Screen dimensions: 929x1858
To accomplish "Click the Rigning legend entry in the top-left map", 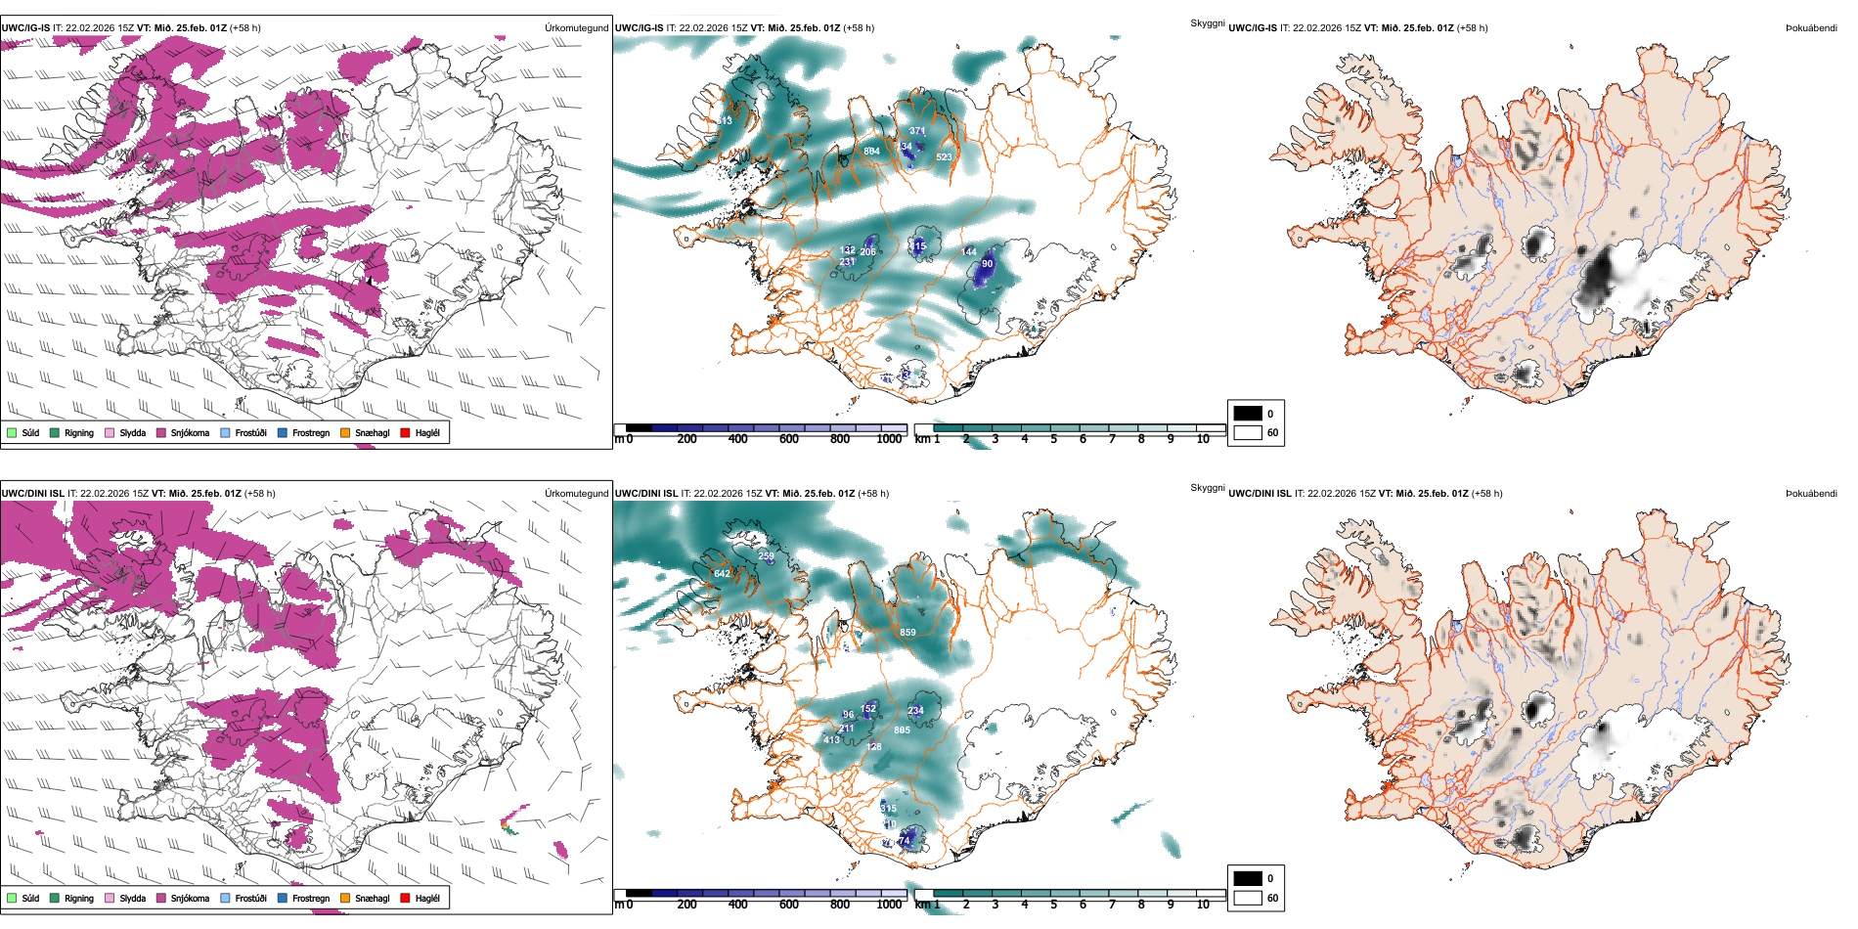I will [79, 433].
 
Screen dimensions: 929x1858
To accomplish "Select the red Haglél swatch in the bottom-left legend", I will [406, 899].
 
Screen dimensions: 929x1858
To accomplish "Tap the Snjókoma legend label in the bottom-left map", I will [190, 899].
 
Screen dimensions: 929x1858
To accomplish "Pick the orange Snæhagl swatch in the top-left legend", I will [345, 433].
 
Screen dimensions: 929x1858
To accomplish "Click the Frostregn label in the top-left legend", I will [311, 433].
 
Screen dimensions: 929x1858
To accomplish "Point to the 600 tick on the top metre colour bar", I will [789, 439].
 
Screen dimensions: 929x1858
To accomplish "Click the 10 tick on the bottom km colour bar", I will [1203, 905].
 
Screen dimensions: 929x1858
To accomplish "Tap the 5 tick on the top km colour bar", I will [1054, 439].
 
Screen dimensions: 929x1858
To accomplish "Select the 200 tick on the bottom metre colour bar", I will [687, 905].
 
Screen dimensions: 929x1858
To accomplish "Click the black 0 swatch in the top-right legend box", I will [1248, 414].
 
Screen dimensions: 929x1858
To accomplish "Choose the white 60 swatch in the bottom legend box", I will [1248, 898].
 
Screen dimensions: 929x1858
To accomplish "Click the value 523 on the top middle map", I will [944, 157].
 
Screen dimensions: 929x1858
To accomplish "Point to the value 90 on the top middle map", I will [988, 264].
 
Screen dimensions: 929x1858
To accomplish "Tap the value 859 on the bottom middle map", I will [907, 633].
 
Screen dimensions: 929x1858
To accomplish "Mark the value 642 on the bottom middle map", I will [722, 574].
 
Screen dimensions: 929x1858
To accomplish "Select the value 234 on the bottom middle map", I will [915, 711].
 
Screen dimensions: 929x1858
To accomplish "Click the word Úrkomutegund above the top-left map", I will [576, 28].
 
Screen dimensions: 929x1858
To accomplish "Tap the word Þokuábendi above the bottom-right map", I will [1811, 494].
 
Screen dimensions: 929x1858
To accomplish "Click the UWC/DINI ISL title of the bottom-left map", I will [32, 494].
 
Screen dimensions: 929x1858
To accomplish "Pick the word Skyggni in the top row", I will [1207, 22].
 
